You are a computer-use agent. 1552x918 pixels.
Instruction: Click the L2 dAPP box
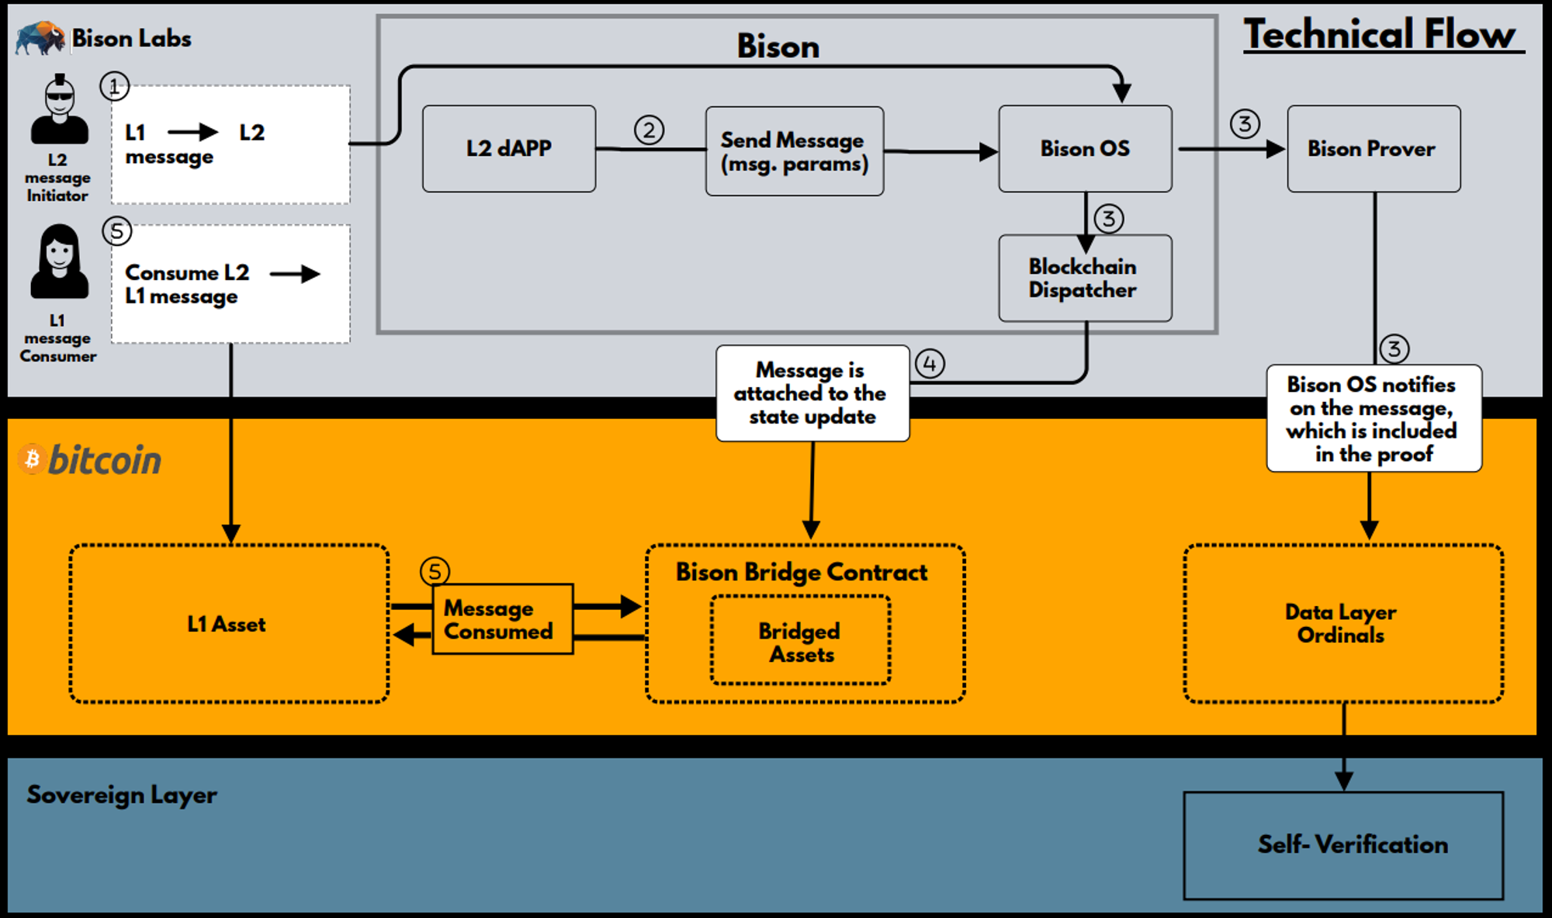tap(509, 148)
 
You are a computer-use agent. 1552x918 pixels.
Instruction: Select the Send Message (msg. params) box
tap(794, 151)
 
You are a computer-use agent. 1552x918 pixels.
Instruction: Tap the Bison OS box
tap(1085, 148)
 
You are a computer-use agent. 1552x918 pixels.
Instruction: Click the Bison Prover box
tap(1373, 148)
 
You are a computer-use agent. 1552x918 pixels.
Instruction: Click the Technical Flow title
tap(1380, 35)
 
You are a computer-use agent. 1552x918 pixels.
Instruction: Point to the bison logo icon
tap(40, 37)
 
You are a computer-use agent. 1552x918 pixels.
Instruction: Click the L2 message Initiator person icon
tap(59, 110)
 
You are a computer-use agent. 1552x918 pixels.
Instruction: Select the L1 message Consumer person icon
tap(59, 262)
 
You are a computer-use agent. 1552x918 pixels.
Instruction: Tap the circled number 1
tap(114, 86)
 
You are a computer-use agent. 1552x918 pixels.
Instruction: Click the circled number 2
tap(649, 130)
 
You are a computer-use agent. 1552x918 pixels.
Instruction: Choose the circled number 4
tap(929, 363)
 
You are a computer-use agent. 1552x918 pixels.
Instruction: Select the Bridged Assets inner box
tap(800, 641)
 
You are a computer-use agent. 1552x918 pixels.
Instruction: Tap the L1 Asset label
tap(227, 624)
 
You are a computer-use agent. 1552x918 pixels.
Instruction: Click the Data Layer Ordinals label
tap(1341, 623)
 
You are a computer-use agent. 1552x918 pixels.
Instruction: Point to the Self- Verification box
tap(1342, 845)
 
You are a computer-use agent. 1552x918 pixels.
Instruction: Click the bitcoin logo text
tap(104, 460)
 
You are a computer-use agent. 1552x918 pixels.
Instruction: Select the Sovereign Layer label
tap(122, 795)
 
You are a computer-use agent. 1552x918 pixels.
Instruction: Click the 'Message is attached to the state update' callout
tap(812, 393)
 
